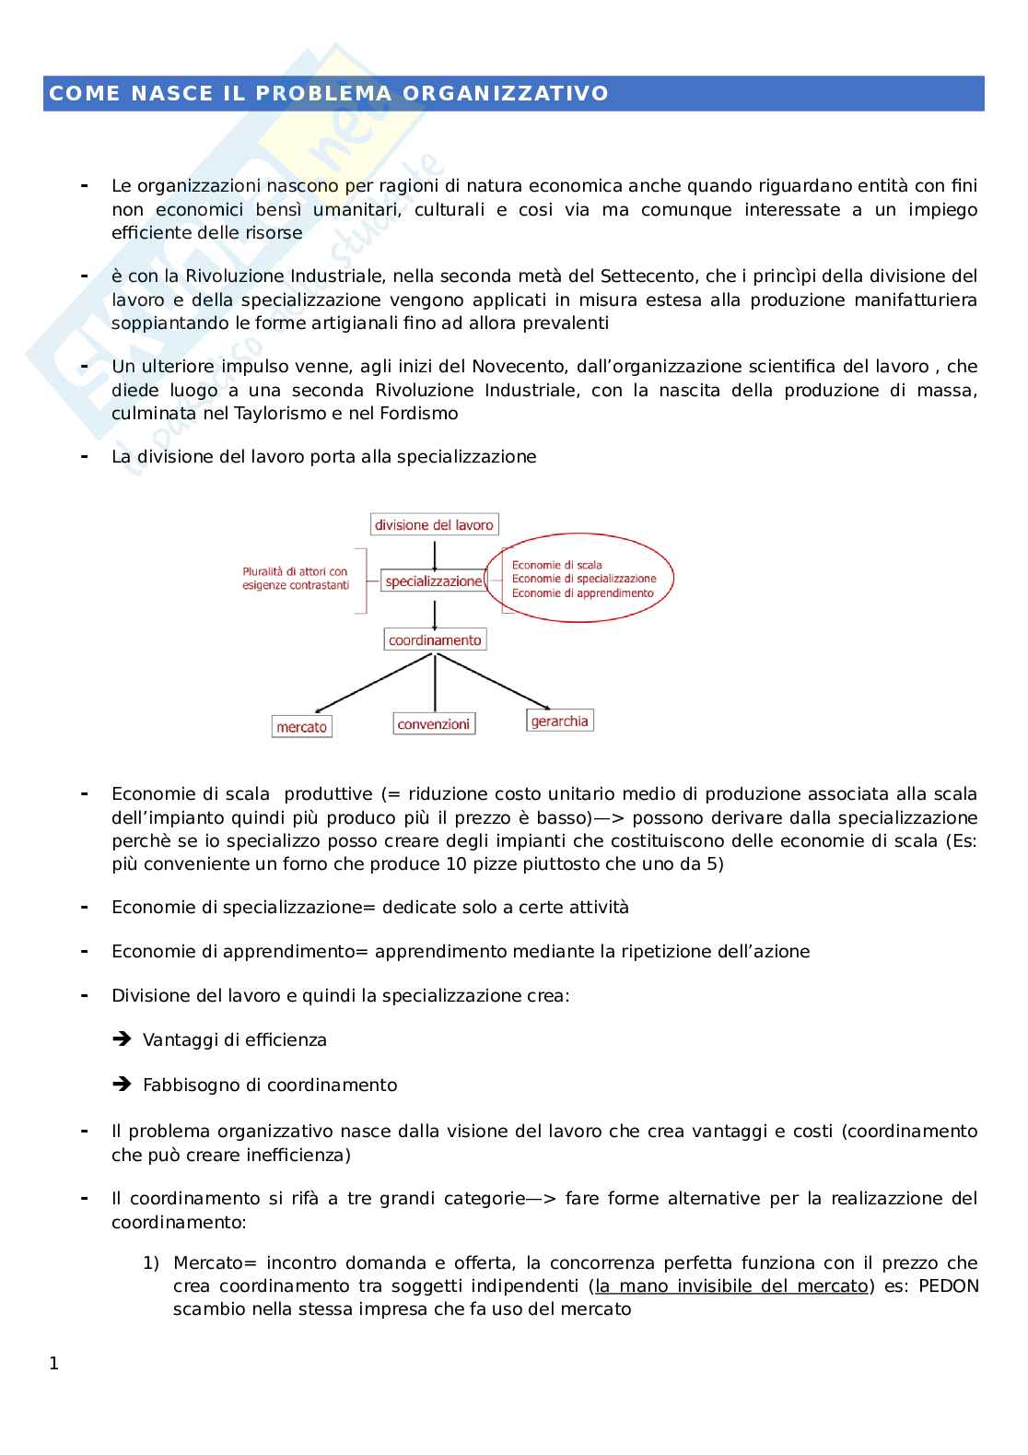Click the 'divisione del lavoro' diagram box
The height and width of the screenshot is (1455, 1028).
click(x=434, y=525)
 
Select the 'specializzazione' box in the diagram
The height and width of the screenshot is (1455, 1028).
click(x=433, y=581)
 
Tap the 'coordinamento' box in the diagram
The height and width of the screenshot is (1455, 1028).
click(x=435, y=639)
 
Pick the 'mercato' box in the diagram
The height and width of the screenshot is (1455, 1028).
click(x=301, y=727)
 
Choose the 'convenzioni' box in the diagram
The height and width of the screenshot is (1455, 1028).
click(x=433, y=724)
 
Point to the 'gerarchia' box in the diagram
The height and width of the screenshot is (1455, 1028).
click(x=559, y=721)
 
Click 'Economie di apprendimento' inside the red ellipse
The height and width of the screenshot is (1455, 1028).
click(x=582, y=593)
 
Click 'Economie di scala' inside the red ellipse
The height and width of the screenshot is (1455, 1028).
click(x=556, y=565)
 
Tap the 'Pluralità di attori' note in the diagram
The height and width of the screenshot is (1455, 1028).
click(x=295, y=578)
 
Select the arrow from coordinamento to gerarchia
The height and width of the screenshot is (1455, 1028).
click(x=497, y=685)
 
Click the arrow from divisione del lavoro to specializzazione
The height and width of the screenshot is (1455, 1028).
click(x=434, y=551)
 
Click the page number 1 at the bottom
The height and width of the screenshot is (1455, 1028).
click(x=53, y=1364)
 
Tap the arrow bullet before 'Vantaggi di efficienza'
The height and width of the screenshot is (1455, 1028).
click(x=122, y=1039)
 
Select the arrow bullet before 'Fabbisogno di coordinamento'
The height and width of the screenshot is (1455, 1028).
click(x=122, y=1085)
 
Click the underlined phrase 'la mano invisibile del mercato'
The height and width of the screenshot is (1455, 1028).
click(x=732, y=1285)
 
